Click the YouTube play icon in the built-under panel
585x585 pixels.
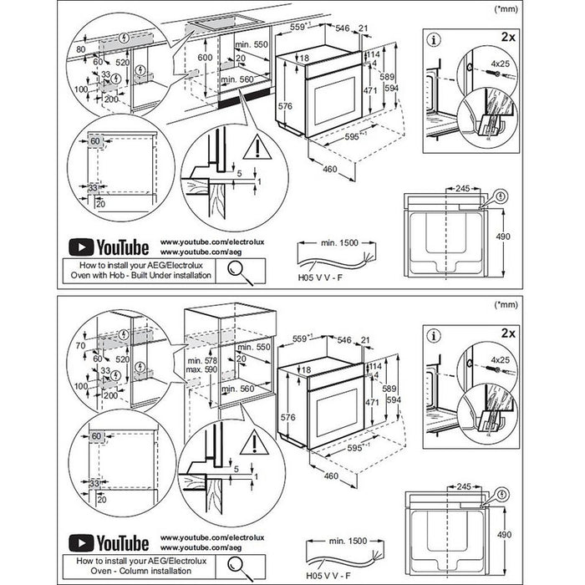(x=79, y=247)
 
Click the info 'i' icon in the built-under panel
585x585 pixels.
(x=434, y=38)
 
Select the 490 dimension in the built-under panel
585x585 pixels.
(x=504, y=237)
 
